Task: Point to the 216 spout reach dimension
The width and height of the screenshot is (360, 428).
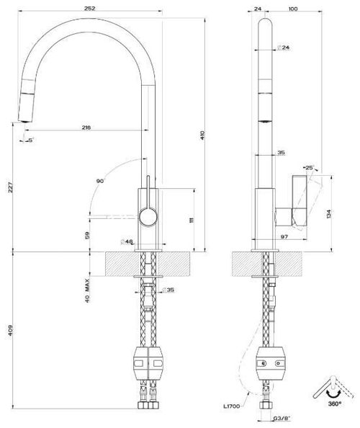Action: pos(86,128)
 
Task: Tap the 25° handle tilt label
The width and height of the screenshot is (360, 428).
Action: pos(309,167)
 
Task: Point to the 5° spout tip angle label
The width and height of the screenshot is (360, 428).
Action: pos(30,140)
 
